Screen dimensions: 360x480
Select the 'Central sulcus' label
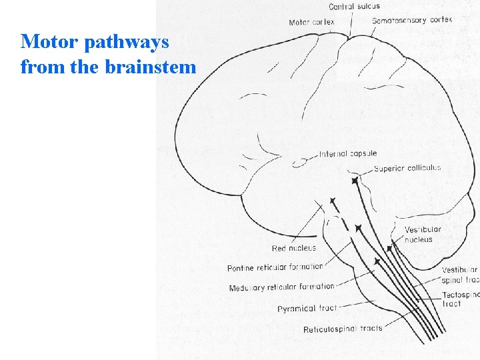[354, 7]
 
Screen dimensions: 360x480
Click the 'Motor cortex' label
[311, 23]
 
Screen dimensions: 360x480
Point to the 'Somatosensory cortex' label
[412, 20]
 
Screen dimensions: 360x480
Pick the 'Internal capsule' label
[347, 154]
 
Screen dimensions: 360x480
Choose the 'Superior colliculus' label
[407, 168]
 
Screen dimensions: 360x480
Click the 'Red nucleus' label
[294, 249]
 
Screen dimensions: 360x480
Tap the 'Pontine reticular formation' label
[275, 267]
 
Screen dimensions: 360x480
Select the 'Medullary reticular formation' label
[281, 287]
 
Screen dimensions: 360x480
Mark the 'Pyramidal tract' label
[307, 309]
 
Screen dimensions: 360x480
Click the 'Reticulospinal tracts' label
[343, 329]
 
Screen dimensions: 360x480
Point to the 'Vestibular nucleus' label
[423, 235]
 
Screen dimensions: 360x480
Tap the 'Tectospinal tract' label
[460, 299]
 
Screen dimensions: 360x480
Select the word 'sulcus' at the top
[369, 7]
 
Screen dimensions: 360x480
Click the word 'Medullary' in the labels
[248, 288]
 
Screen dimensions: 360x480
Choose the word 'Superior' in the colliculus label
[390, 168]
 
